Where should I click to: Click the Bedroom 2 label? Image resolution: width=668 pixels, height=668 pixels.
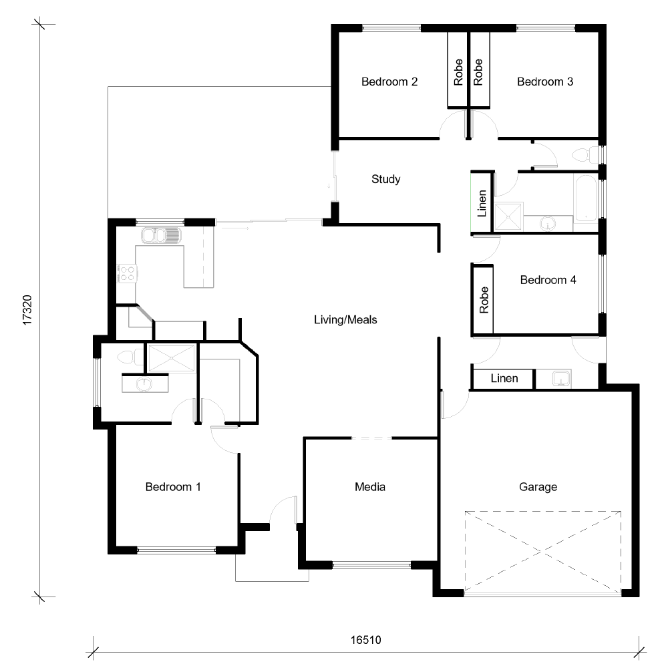tap(389, 82)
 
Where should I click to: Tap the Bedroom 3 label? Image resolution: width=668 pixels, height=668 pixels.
tap(545, 82)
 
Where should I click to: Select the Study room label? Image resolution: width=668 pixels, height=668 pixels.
tap(385, 179)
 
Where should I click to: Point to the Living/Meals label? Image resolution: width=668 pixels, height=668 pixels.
tap(345, 320)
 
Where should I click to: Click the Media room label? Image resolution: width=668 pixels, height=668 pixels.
tap(369, 487)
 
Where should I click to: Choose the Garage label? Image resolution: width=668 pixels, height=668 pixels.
tap(538, 487)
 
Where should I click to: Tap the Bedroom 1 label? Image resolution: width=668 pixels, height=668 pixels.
tap(173, 487)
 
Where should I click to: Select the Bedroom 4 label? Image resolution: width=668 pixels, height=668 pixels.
tap(548, 280)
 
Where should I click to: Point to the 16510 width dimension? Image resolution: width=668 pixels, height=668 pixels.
tap(365, 639)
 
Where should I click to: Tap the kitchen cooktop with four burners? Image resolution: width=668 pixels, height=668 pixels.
tap(127, 273)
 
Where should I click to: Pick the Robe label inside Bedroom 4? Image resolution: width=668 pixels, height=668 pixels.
tap(484, 299)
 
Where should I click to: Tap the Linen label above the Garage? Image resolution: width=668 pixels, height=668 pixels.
tap(504, 379)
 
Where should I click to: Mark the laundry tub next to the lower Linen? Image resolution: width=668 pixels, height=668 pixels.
tap(560, 379)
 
